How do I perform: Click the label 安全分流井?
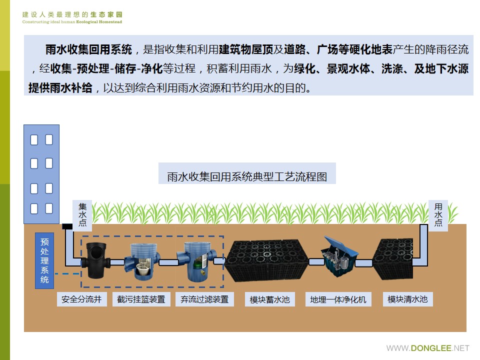pos(81,299)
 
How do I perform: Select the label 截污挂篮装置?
pos(141,299)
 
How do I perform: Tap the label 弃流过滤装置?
pos(204,299)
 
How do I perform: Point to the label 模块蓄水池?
pos(270,300)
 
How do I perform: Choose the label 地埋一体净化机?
pos(338,300)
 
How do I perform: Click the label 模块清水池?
pos(407,299)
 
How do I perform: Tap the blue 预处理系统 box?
pos(44,260)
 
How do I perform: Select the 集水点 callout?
pos(82,214)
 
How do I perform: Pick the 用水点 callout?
pos(438,214)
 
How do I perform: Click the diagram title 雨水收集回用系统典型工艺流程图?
pos(246,177)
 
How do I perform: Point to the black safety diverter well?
pos(95,260)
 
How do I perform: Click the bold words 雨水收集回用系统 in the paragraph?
pos(88,49)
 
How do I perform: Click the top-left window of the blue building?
pos(34,139)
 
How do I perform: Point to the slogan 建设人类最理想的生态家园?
pos(72,15)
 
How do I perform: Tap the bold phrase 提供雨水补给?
pos(60,88)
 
